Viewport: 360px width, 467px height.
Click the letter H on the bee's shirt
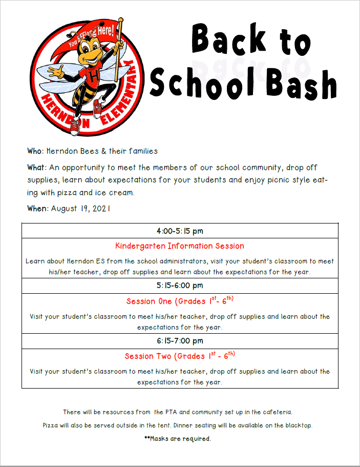[x=94, y=75]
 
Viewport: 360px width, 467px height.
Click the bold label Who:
[x=36, y=151]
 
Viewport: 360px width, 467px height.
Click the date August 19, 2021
[x=80, y=209]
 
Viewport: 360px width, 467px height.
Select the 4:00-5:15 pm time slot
[x=180, y=231]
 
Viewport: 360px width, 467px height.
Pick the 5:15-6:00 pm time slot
[x=180, y=286]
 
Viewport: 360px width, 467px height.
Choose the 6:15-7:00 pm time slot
[x=180, y=341]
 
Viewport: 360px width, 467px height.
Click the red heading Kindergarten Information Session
[x=180, y=246]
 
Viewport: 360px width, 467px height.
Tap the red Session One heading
[x=180, y=301]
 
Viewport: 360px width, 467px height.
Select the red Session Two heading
[x=180, y=356]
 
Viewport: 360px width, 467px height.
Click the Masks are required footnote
[x=178, y=439]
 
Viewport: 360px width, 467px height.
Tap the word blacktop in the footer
[x=297, y=425]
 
